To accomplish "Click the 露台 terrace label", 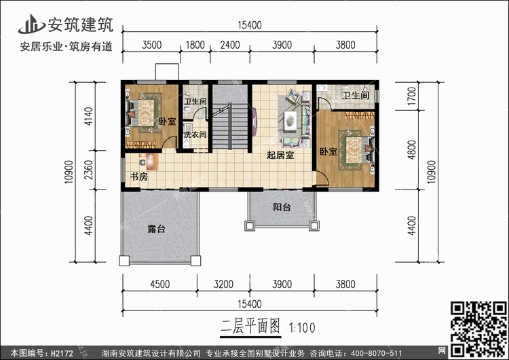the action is point(156,229).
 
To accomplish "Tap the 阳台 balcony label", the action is point(282,207).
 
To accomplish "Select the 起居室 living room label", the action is point(280,155).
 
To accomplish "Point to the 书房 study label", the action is point(139,177).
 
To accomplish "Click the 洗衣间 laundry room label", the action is point(195,134).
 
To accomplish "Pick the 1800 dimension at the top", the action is point(195,45).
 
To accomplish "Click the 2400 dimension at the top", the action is point(230,45).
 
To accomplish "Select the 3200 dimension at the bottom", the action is point(223,285).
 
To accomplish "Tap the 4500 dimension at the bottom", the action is point(159,285).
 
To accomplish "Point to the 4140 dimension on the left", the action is point(88,116).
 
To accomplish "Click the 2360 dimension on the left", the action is point(88,170).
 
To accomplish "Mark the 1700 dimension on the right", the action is point(411,96).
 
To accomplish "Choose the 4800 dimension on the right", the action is point(411,150).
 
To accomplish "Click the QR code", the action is point(478,329).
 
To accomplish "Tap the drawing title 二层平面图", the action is point(250,326).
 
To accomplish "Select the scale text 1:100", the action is point(302,328).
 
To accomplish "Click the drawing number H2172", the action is point(62,353).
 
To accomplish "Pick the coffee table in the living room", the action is point(290,121).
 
